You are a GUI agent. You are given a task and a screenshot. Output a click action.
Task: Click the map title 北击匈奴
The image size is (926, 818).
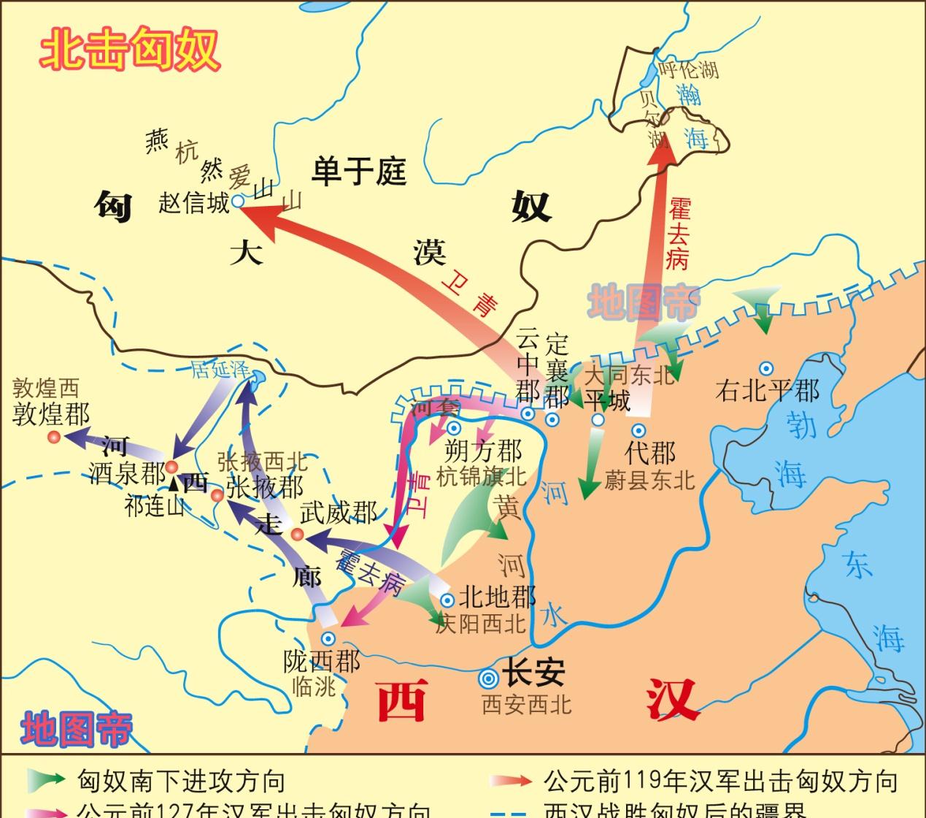129,49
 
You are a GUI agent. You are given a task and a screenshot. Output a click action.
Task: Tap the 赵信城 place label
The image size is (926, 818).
193,202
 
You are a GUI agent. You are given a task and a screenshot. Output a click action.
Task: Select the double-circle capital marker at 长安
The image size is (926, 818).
488,679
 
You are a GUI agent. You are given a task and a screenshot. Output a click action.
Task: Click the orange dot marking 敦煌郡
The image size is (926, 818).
53,437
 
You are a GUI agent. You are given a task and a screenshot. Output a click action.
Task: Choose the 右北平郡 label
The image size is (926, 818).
767,391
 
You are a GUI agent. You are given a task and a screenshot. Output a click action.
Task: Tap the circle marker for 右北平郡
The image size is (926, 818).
766,368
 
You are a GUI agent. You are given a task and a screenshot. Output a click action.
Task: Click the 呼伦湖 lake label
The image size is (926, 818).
688,70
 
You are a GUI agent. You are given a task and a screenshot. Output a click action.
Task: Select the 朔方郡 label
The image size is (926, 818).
482,451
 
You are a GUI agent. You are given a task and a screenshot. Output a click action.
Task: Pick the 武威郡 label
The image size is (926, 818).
338,513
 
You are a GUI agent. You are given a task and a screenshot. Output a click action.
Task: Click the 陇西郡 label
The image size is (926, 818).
321,662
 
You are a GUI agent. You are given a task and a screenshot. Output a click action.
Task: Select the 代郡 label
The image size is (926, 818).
650,453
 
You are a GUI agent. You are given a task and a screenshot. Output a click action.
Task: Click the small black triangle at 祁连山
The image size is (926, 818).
174,483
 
